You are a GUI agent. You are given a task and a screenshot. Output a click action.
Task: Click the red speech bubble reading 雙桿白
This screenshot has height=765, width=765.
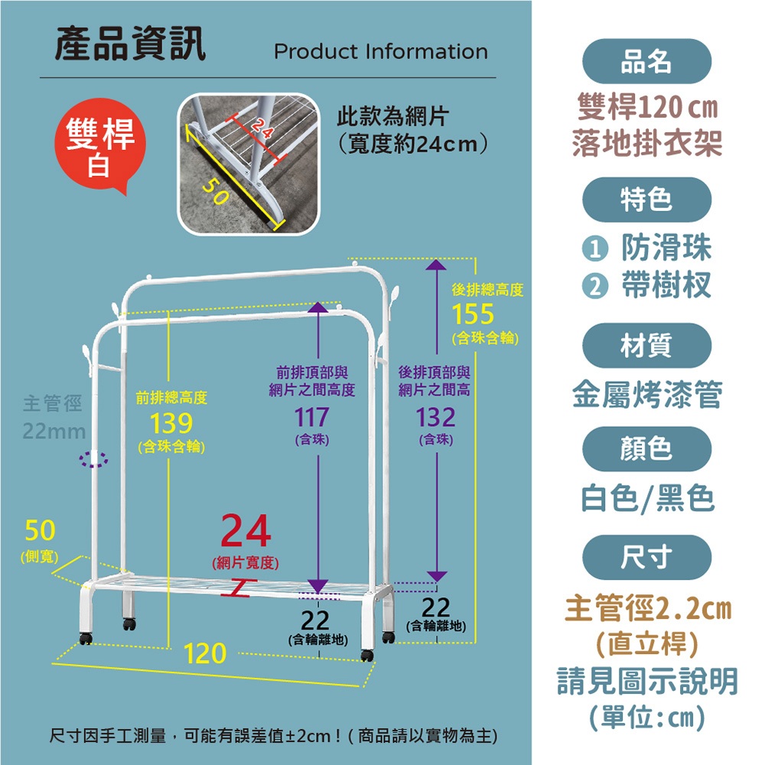100,145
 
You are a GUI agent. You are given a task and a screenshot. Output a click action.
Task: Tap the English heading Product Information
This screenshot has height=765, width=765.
380,52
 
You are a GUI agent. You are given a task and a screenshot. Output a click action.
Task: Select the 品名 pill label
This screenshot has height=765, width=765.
646,61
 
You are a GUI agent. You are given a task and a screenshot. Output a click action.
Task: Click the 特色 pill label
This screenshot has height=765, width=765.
646,200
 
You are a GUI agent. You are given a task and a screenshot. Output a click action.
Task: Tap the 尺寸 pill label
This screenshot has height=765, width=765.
646,557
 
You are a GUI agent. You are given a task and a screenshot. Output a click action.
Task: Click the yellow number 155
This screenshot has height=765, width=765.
473,314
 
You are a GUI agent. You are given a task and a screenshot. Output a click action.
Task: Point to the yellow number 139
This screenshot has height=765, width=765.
171,423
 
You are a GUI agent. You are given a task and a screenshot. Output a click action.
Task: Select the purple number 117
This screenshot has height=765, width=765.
312,418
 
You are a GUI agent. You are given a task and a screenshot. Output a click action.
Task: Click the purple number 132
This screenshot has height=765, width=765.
435,418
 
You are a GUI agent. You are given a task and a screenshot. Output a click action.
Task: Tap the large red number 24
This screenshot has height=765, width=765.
246,531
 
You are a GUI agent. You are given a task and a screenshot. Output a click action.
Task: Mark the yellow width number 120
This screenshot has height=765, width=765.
205,653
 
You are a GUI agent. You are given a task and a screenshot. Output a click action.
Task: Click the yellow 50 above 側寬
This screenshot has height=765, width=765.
40,530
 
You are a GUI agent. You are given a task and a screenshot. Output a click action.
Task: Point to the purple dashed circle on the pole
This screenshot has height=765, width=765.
93,459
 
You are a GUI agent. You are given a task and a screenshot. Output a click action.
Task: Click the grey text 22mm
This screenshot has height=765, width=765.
54,431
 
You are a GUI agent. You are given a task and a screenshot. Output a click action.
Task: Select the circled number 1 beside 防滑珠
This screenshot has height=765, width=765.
595,249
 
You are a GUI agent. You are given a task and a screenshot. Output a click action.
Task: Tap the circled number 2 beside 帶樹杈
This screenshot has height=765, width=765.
595,286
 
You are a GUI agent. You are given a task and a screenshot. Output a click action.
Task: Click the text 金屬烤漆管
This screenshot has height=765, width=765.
647,394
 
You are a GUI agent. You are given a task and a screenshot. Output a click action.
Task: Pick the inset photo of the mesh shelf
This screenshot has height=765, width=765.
249,164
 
